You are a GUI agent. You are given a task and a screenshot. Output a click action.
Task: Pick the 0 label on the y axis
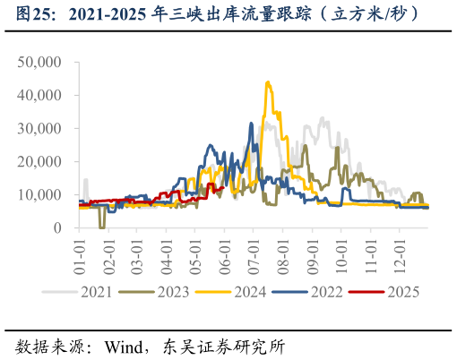pyautogui.click(x=56, y=227)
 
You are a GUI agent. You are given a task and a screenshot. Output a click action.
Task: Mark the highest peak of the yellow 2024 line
pyautogui.click(x=267, y=82)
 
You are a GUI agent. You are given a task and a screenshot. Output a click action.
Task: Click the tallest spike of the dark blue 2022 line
pyautogui.click(x=252, y=124)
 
